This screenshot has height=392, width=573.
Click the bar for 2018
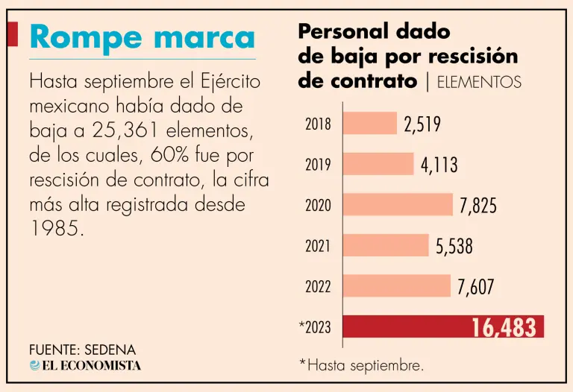[x=370, y=124]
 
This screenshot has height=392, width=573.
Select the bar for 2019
[x=378, y=164]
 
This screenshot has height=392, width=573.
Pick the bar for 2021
[x=386, y=245]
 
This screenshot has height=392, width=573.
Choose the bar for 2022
[x=397, y=285]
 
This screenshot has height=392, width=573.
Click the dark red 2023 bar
[x=443, y=326]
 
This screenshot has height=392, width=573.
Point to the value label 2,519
[x=422, y=124]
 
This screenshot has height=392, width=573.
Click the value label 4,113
[x=439, y=165]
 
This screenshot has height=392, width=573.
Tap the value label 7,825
[x=478, y=206]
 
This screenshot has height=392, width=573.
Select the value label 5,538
[x=454, y=246]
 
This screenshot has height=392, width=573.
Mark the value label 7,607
[x=476, y=286]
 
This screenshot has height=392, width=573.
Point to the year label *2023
[x=314, y=327]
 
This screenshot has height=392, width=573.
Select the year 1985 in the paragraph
[x=55, y=229]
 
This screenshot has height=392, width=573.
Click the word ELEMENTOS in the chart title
[x=478, y=82]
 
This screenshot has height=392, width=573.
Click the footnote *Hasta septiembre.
[x=361, y=365]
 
